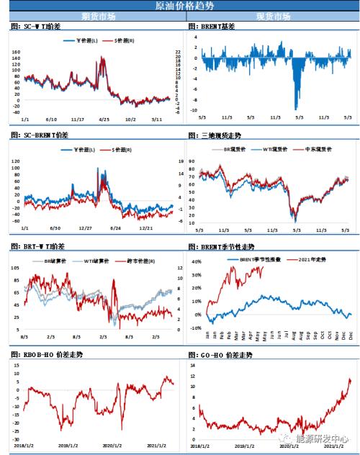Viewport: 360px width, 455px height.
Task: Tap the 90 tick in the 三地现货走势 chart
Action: click(192, 159)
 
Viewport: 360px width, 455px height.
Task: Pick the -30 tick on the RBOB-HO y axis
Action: click(14, 439)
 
